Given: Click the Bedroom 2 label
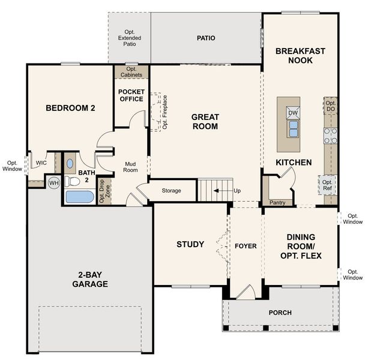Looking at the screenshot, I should tap(71, 108).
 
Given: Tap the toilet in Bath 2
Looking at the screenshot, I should tap(70, 163).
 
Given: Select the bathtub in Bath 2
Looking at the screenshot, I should tap(78, 197).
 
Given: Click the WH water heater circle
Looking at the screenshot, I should tap(54, 183).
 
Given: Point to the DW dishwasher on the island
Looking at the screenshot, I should tap(292, 113).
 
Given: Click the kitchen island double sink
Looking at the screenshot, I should tap(293, 128).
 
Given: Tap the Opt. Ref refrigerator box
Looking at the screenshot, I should tap(327, 185).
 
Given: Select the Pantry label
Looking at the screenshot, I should tap(277, 203).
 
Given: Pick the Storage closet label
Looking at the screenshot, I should tap(172, 191).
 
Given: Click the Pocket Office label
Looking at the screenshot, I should tap(131, 95).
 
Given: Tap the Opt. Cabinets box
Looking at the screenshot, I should tap(131, 72).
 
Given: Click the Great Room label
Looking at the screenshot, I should tap(205, 121).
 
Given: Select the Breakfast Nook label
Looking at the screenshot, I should tap(300, 56).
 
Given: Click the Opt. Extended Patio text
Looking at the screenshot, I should tap(129, 37).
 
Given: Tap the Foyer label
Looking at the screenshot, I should tap(245, 245).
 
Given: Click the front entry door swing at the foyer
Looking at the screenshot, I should tap(244, 293).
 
